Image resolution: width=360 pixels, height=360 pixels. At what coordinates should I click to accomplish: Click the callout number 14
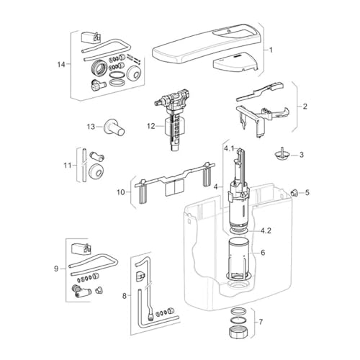[61, 64]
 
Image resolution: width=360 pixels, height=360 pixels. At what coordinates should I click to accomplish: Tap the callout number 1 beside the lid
[271, 50]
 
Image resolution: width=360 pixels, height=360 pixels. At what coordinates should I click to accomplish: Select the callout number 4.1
[229, 149]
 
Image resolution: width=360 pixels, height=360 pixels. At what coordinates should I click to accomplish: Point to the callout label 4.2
[266, 230]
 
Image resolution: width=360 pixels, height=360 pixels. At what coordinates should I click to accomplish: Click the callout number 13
[91, 127]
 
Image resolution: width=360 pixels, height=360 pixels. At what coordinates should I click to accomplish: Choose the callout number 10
[121, 192]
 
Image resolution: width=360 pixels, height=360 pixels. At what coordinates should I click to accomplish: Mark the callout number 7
[261, 321]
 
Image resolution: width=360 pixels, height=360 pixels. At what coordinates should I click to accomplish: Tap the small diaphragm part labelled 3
[282, 153]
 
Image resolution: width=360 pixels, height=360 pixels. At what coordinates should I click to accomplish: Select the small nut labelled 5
[294, 192]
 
